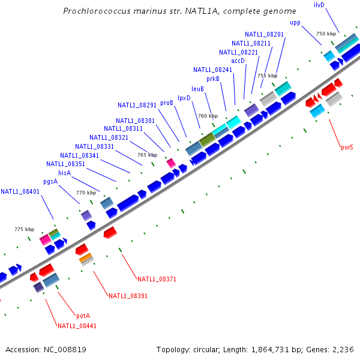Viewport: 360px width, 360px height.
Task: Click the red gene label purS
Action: point(347,146)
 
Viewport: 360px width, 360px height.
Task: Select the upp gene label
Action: point(295,23)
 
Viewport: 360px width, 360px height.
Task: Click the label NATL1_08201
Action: point(265,34)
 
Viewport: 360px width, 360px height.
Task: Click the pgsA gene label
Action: point(50,181)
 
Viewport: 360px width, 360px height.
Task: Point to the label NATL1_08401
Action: point(20,192)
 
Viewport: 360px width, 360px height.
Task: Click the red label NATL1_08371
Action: point(157,279)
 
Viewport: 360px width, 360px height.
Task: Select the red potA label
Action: point(83,316)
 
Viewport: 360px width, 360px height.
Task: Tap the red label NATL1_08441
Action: point(77,326)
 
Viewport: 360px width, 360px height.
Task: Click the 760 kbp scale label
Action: point(208,116)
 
